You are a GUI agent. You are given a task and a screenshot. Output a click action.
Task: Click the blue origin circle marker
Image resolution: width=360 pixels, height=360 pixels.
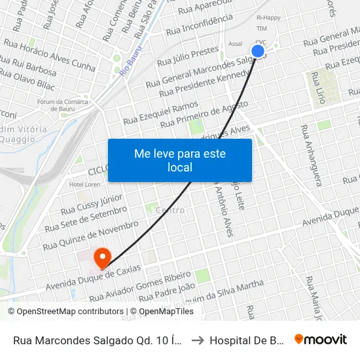coord(258,51)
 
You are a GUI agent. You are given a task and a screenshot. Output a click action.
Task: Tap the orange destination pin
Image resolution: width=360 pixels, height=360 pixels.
coord(102,257)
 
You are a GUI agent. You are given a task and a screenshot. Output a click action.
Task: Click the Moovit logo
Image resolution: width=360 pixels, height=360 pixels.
coord(321,339)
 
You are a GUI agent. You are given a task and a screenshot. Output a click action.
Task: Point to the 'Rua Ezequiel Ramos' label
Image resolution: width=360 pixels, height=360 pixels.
coord(160,112)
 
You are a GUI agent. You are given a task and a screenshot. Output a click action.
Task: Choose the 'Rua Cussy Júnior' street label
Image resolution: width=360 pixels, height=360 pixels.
coord(92,204)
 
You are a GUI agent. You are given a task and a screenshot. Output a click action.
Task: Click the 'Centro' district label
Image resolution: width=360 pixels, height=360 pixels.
coord(170,210)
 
